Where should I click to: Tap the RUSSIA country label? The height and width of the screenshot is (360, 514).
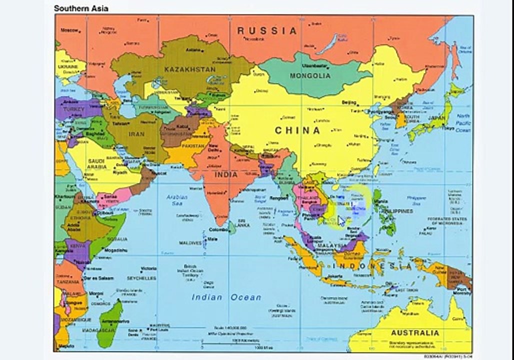(x=267, y=30)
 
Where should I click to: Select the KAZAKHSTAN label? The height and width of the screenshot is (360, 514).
(x=190, y=69)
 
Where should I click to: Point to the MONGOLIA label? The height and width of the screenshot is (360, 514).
(x=310, y=76)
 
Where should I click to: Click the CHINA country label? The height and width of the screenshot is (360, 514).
(x=297, y=130)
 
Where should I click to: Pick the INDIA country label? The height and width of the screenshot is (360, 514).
(x=226, y=175)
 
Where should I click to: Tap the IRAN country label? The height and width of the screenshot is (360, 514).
(x=136, y=134)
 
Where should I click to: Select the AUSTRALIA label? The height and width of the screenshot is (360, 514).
(x=415, y=332)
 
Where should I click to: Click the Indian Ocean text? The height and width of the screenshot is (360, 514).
(x=226, y=297)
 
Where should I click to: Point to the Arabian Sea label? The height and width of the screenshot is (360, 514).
(x=176, y=200)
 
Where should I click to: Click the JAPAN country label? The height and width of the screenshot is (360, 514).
(x=436, y=118)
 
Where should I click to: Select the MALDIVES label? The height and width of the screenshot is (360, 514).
(x=190, y=243)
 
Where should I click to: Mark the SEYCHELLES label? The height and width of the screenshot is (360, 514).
(x=141, y=278)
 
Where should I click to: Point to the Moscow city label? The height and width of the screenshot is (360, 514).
(x=70, y=30)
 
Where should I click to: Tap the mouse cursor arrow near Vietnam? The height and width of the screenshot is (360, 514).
(x=341, y=221)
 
